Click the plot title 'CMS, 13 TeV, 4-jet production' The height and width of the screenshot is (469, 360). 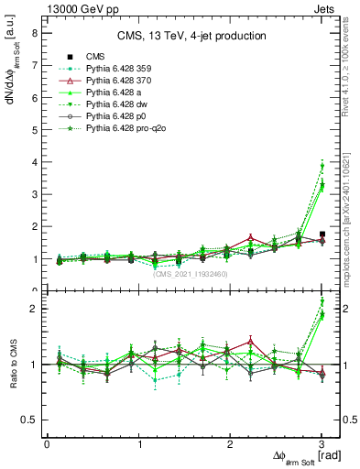191,36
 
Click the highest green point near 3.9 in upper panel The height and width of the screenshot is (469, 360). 322,166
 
